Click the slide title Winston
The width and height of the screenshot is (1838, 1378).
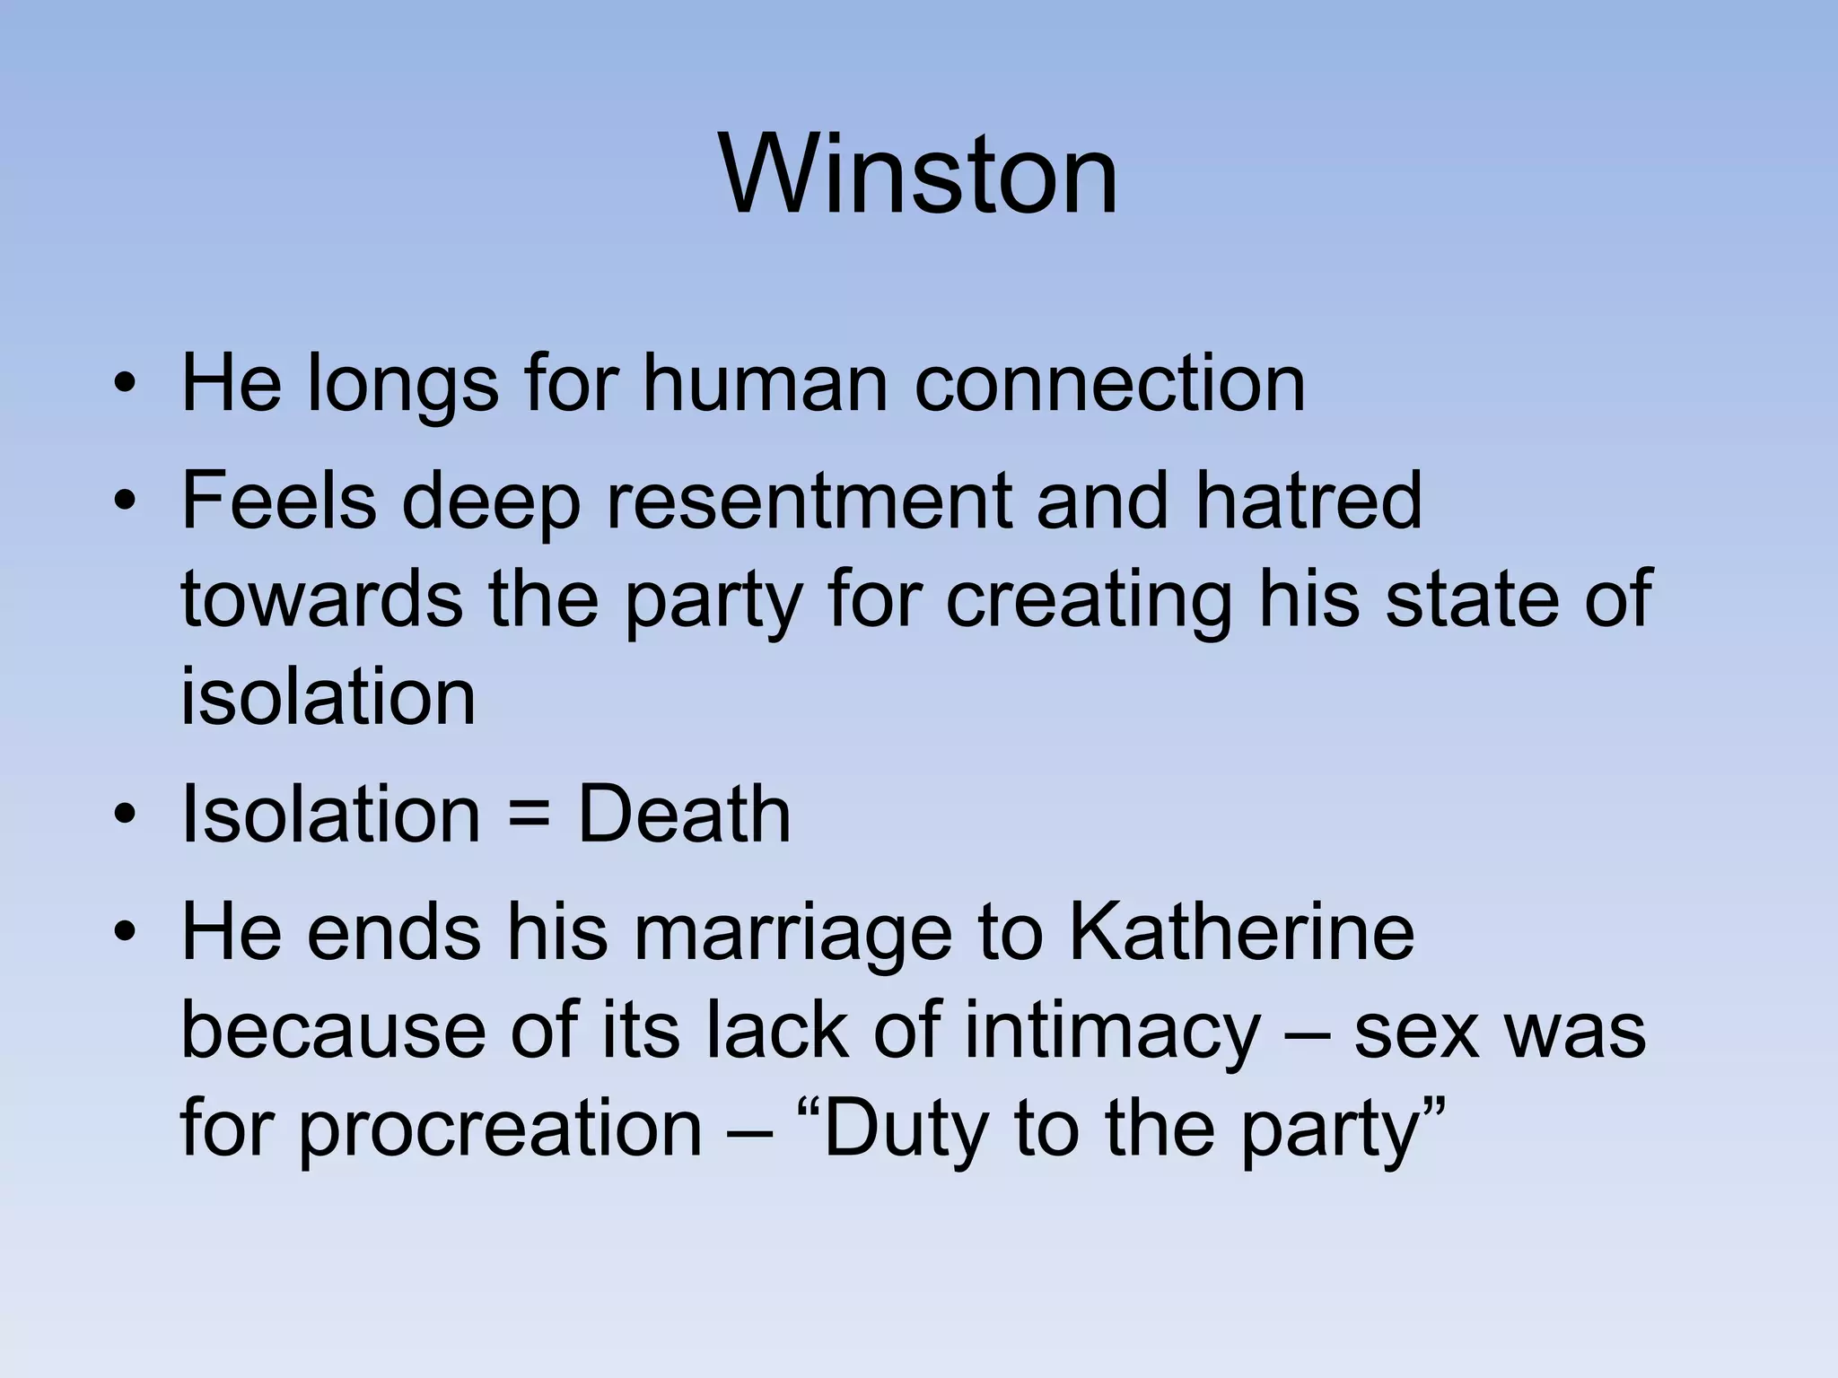click(918, 174)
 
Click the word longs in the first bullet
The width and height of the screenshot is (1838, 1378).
click(402, 384)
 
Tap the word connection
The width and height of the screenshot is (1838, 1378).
click(1109, 384)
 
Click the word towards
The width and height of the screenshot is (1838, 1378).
click(322, 599)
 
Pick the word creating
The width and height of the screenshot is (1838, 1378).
click(1089, 599)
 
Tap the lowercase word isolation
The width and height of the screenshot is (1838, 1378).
click(328, 697)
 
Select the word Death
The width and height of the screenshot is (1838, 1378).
click(684, 815)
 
